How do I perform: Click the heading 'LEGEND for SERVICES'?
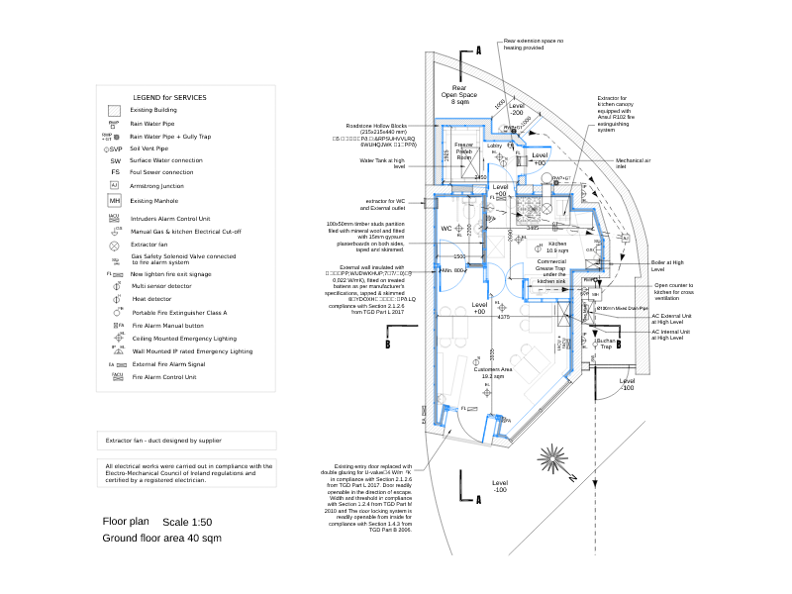coord(169,97)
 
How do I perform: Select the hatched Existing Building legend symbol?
coord(114,110)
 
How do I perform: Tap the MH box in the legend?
coord(115,201)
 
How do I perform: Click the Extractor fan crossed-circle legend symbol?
coord(115,245)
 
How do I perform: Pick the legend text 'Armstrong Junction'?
coord(157,186)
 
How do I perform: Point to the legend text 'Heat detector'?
coord(151,298)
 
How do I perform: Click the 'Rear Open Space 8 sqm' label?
coord(459,94)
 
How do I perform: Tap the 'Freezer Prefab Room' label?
coord(464,151)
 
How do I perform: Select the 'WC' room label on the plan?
coord(446,229)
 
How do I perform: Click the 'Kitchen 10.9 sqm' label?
coord(557,247)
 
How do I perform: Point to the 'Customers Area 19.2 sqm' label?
coord(493,372)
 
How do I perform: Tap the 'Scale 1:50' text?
coord(187,522)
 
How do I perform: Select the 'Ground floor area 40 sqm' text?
coord(161,538)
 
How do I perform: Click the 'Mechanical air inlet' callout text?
coord(634,162)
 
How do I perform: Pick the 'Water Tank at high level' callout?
coord(383,162)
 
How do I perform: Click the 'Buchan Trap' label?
coord(606,344)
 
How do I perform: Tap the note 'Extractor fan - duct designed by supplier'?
coord(163,440)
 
